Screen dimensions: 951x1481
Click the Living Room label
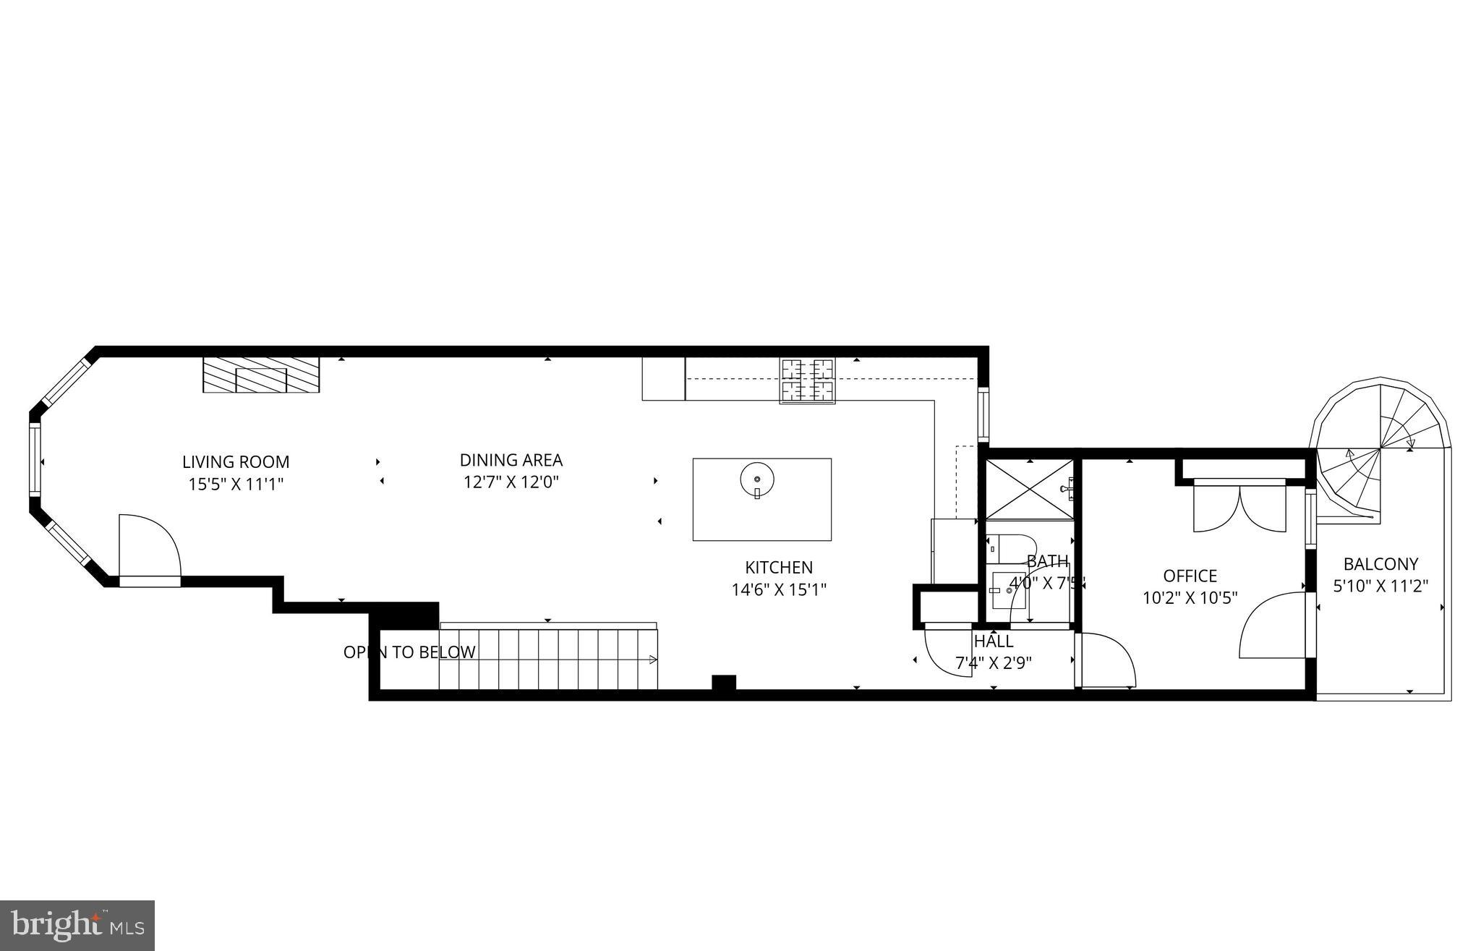[236, 461]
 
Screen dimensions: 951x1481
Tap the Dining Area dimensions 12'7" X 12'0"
[511, 482]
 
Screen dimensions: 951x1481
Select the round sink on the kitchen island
[757, 479]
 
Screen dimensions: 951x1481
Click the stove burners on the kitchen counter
[807, 380]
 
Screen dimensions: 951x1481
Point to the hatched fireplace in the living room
[261, 375]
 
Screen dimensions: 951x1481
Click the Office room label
[1190, 576]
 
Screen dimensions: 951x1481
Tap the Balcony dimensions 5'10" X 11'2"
[1380, 586]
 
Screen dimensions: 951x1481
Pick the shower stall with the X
[1028, 490]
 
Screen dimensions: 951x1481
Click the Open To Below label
[409, 652]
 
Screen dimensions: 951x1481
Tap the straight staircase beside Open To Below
[548, 659]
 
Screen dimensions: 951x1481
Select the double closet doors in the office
[1239, 506]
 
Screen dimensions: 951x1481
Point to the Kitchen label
[779, 568]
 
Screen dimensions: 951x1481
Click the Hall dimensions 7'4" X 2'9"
[994, 662]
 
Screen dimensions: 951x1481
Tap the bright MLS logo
[77, 926]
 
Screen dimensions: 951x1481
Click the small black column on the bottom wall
[723, 683]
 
